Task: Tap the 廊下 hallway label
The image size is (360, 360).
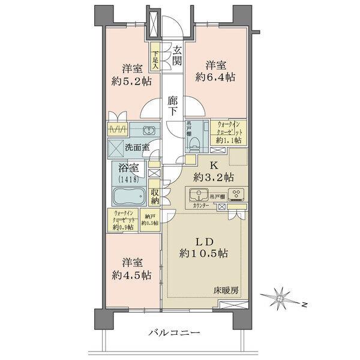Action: (x=173, y=106)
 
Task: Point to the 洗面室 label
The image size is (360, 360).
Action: (x=137, y=147)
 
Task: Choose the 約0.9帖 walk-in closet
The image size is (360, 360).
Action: (x=124, y=220)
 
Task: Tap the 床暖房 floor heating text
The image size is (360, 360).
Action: (x=227, y=290)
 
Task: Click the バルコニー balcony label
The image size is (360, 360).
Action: (x=175, y=333)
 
